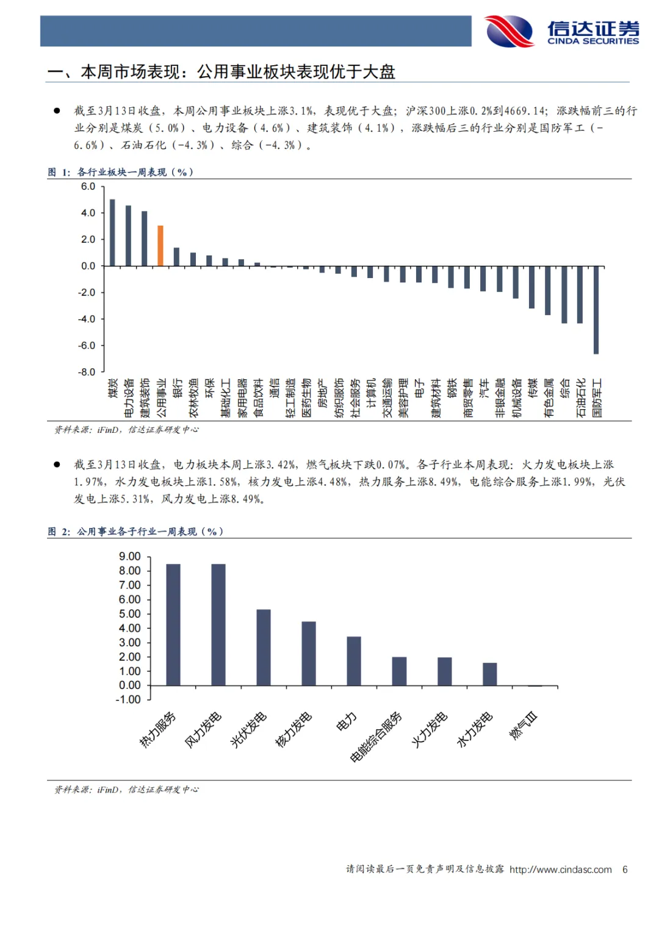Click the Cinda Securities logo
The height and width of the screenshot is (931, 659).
pyautogui.click(x=561, y=31)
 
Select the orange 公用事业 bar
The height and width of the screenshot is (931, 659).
pyautogui.click(x=160, y=246)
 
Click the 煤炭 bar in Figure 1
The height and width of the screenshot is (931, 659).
pyautogui.click(x=112, y=232)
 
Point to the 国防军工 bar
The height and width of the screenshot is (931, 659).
pyautogui.click(x=596, y=310)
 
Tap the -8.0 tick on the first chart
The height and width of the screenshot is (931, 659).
pyautogui.click(x=88, y=372)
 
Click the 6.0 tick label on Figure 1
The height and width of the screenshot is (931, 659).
pyautogui.click(x=88, y=187)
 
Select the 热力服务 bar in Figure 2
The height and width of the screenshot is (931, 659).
pyautogui.click(x=173, y=624)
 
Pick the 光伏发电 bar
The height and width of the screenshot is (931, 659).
pyautogui.click(x=264, y=647)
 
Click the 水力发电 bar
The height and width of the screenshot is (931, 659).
pyautogui.click(x=490, y=674)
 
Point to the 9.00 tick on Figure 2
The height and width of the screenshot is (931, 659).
pyautogui.click(x=129, y=557)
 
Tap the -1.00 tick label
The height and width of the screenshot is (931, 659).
pyautogui.click(x=128, y=700)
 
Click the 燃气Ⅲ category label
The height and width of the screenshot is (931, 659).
pyautogui.click(x=524, y=726)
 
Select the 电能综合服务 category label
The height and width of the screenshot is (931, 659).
pyautogui.click(x=376, y=737)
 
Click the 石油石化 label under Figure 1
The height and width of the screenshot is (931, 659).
pyautogui.click(x=580, y=398)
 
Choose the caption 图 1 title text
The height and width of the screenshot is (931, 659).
pyautogui.click(x=121, y=172)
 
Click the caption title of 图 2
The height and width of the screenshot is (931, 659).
pyautogui.click(x=135, y=532)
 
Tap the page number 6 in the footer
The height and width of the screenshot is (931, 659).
pyautogui.click(x=625, y=869)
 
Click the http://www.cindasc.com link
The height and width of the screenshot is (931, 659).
pyautogui.click(x=560, y=869)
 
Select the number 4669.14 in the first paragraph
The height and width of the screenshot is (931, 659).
pyautogui.click(x=525, y=111)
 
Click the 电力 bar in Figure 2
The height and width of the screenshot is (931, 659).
pyautogui.click(x=354, y=661)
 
